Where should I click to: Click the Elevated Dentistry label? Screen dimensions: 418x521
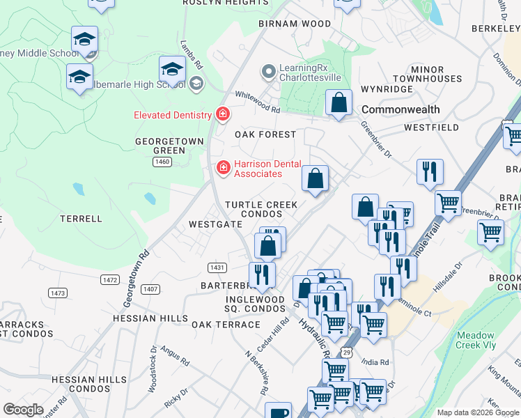click(x=173, y=115)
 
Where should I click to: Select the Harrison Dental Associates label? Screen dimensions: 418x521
click(x=258, y=169)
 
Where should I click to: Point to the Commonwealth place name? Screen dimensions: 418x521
click(x=401, y=109)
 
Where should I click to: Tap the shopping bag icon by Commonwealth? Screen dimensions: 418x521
click(x=339, y=103)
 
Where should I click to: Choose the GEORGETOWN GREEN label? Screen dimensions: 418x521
click(x=169, y=146)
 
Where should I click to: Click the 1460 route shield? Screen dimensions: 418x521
click(x=162, y=162)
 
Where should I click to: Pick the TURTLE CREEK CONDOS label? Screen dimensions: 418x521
click(x=261, y=209)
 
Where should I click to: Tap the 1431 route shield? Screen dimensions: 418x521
click(x=217, y=268)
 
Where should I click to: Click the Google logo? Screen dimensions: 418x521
click(x=23, y=410)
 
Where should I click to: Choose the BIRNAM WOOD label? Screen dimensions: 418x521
click(x=295, y=24)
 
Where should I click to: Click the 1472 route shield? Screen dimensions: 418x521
click(x=109, y=279)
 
